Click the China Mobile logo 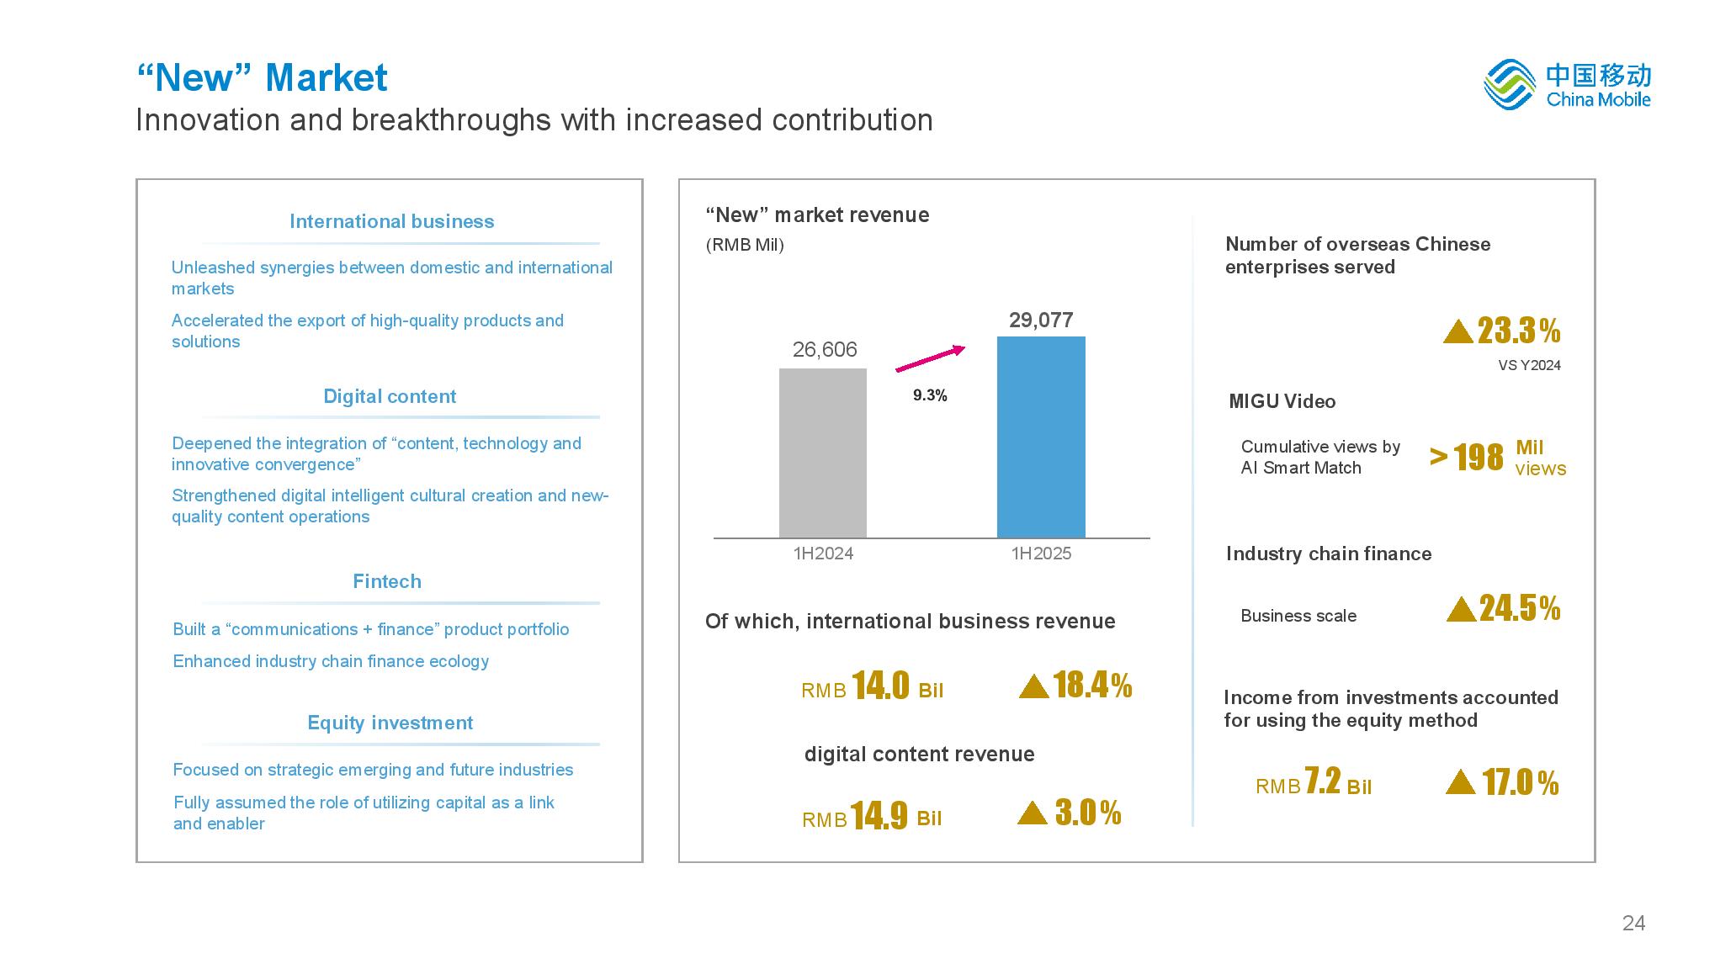(x=1566, y=84)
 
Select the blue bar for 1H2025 (x=1041, y=437)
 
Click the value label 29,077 (x=1041, y=320)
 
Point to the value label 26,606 (x=825, y=350)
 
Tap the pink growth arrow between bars (x=930, y=358)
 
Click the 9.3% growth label (x=930, y=395)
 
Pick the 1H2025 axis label (x=1041, y=554)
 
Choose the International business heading (x=391, y=221)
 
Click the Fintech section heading (x=387, y=581)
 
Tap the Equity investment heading (x=390, y=723)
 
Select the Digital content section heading (x=390, y=396)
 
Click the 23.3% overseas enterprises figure (x=1518, y=331)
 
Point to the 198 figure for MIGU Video (x=1478, y=458)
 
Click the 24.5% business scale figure (x=1519, y=608)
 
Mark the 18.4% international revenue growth (x=1091, y=686)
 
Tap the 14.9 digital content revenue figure (x=879, y=815)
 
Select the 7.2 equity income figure (x=1322, y=781)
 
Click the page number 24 (x=1633, y=924)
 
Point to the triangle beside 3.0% (x=1033, y=813)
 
